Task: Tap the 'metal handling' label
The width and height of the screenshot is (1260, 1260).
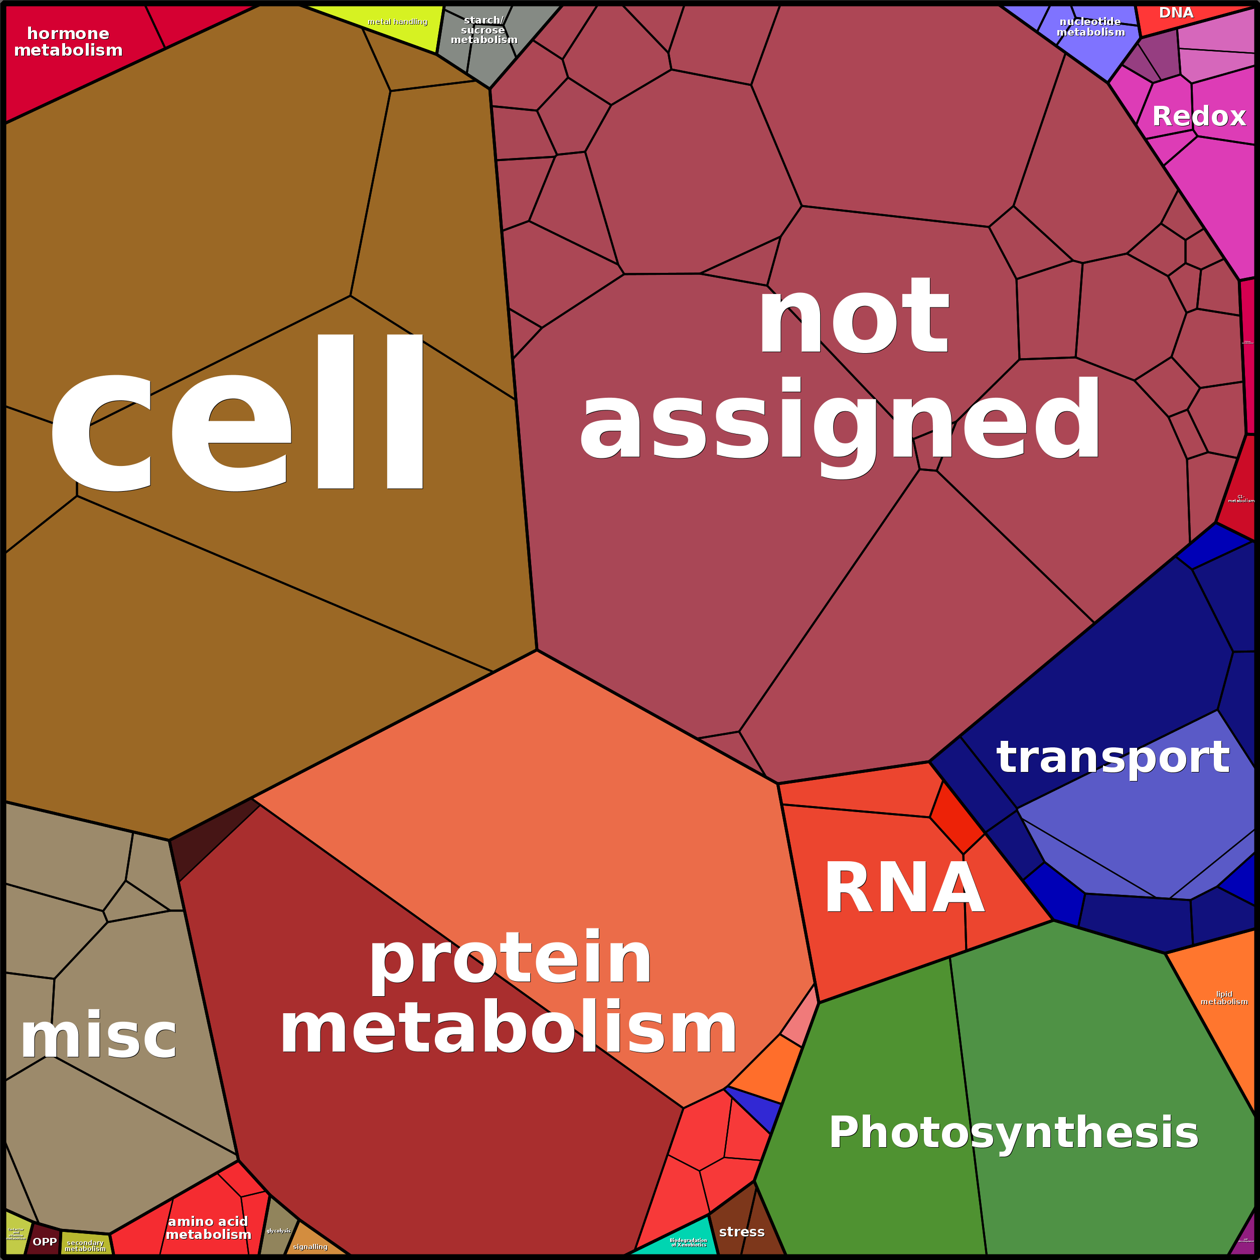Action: click(x=397, y=22)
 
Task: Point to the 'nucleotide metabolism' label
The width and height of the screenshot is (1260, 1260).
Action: click(x=1090, y=27)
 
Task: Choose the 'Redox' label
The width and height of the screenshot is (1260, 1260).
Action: click(x=1199, y=117)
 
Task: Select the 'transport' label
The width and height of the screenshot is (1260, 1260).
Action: click(x=1113, y=757)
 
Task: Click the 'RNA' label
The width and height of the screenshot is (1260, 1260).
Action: click(x=904, y=888)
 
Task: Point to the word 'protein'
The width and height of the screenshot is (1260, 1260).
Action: click(x=510, y=960)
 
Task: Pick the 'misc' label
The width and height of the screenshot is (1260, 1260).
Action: click(x=98, y=1036)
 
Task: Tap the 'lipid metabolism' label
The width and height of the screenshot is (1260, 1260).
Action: click(x=1224, y=998)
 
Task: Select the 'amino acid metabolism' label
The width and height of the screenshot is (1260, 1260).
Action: click(x=208, y=1228)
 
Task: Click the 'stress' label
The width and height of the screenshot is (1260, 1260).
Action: click(x=741, y=1232)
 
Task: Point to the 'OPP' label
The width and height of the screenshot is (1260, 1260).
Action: click(x=45, y=1242)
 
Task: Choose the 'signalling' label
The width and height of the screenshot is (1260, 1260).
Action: click(x=310, y=1247)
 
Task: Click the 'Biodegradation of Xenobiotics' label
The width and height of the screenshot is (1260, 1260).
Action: click(x=688, y=1242)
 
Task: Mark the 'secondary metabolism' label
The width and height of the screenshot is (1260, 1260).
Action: click(x=85, y=1245)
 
